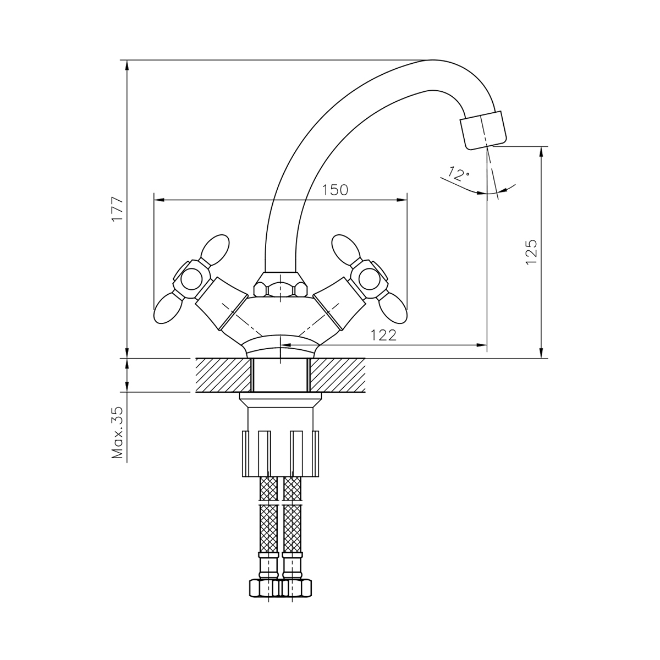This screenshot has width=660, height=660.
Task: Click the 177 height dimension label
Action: click(x=118, y=208)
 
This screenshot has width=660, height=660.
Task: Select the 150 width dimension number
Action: click(x=334, y=190)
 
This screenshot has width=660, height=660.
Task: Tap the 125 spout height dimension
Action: click(x=531, y=252)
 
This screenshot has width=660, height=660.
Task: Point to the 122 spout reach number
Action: click(x=383, y=335)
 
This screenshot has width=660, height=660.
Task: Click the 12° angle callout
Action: click(x=459, y=174)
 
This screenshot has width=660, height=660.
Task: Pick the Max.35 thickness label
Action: click(x=118, y=433)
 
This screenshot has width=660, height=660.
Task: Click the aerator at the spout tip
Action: click(x=483, y=130)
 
